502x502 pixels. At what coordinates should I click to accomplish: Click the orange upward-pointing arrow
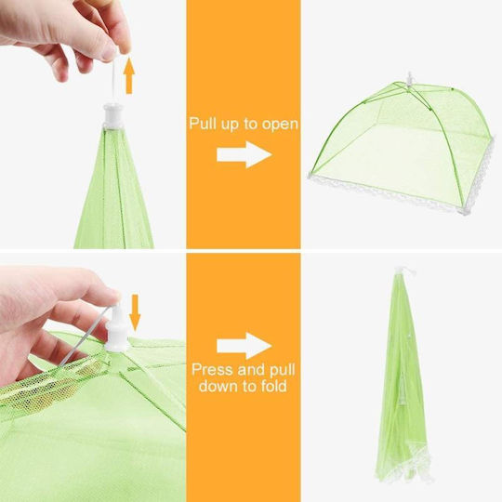129,75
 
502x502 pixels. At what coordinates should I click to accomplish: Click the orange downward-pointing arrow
135,312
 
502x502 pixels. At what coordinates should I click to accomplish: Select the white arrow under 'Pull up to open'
244,154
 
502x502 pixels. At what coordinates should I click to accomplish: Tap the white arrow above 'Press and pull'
244,346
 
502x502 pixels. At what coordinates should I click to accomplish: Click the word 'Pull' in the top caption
203,123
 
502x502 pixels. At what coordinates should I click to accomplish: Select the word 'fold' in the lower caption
273,386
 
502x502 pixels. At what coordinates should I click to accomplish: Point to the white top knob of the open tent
409,79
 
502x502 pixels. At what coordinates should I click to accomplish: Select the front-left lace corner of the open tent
311,176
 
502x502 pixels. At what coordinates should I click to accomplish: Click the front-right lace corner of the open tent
464,211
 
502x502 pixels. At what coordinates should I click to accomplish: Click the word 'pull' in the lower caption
282,370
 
